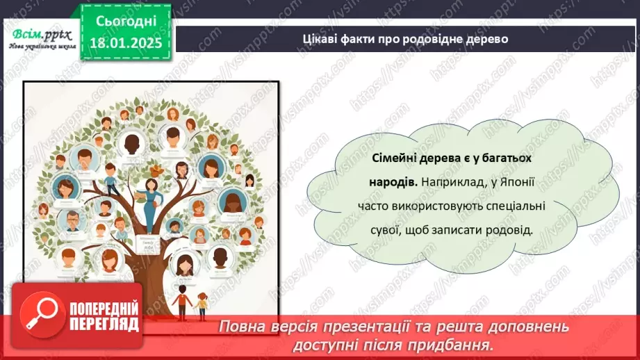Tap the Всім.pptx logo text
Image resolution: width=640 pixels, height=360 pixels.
coord(39,32)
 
